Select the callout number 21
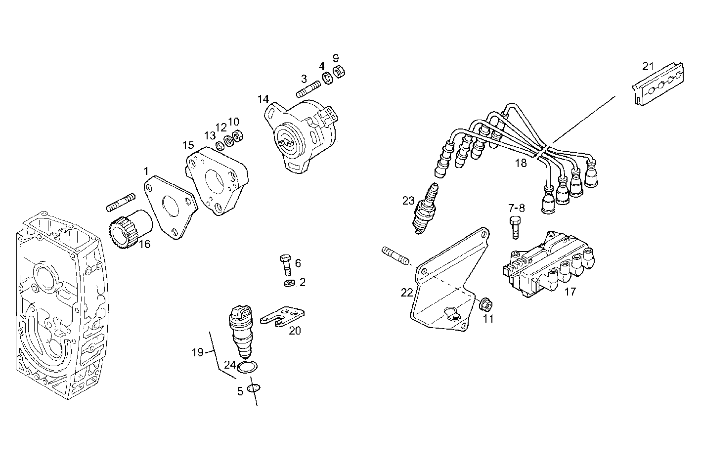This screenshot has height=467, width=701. coord(648,66)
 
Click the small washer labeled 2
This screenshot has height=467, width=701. coord(289,283)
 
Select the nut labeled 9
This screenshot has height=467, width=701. coord(339,71)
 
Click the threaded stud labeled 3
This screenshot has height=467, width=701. coord(308,90)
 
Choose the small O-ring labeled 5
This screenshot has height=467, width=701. coord(254,388)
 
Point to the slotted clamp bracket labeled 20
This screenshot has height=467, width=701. coord(282,317)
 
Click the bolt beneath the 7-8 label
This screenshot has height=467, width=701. coord(515,227)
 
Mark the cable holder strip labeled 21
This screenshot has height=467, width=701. coord(657,84)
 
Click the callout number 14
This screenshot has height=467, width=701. coord(263,99)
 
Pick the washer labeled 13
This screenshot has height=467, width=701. coord(220,146)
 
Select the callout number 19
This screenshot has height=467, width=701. coord(197,352)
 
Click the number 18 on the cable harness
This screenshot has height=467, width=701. coord(521,164)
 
